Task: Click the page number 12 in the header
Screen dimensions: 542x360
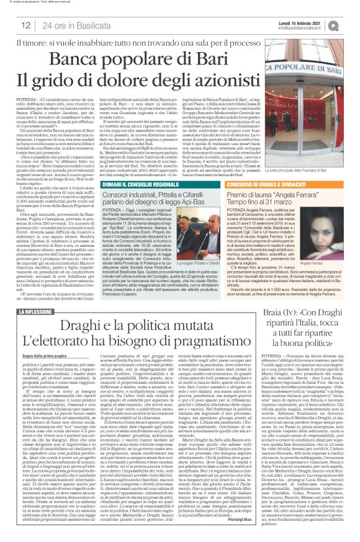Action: [x=26, y=25]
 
